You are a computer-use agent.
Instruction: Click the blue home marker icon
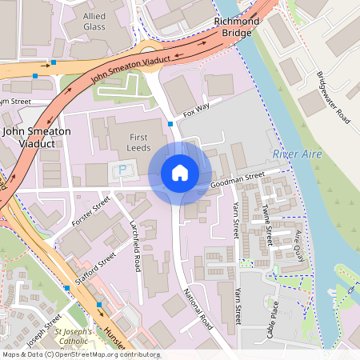tap(180, 173)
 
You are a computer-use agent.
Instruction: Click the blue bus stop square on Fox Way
tap(170, 123)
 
